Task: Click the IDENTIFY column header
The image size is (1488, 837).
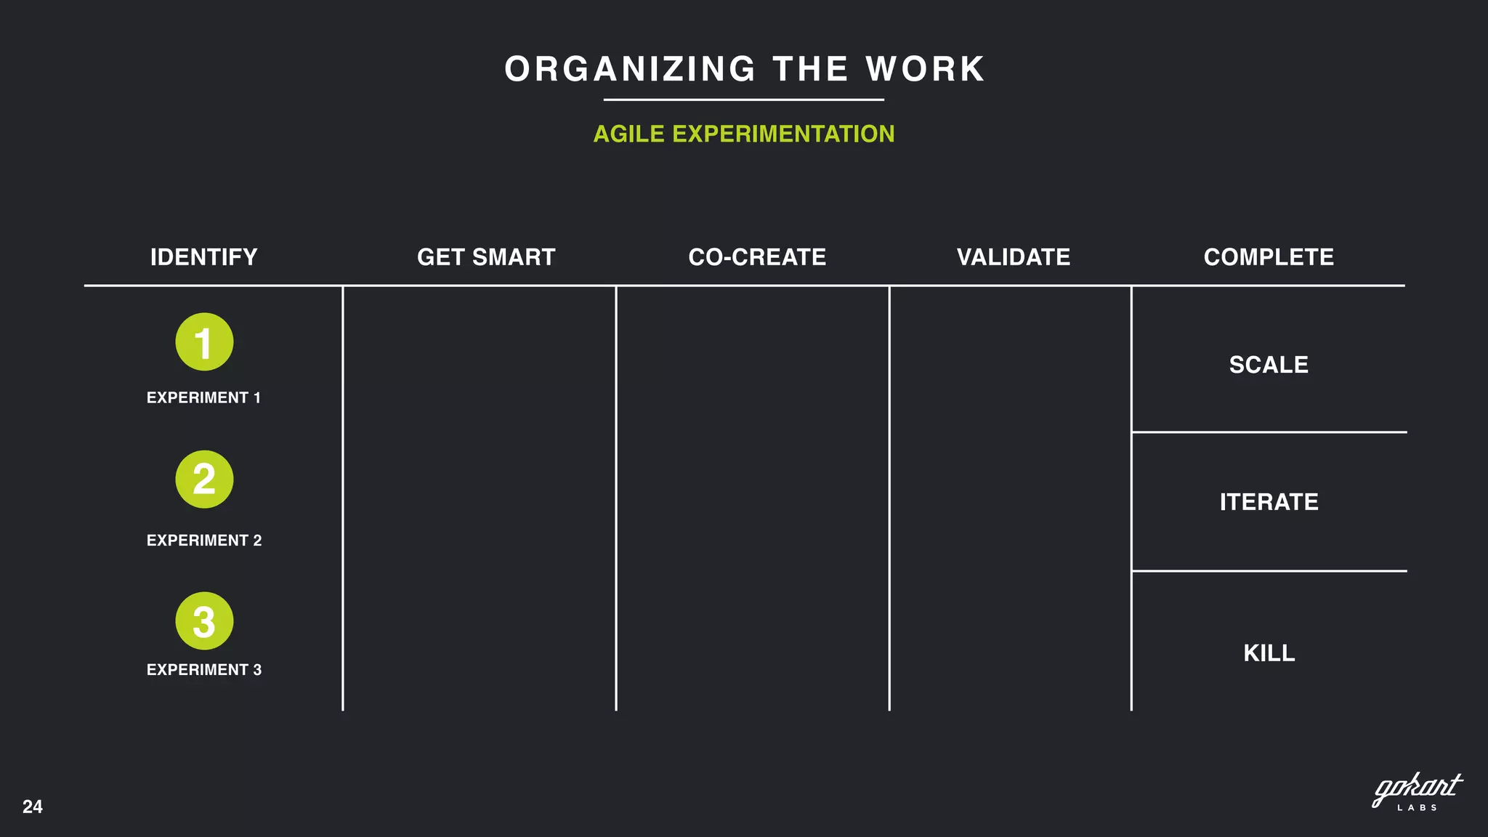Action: click(203, 257)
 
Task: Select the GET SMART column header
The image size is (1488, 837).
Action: click(486, 257)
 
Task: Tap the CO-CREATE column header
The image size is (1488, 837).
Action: click(757, 257)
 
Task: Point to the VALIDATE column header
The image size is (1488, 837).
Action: click(1014, 257)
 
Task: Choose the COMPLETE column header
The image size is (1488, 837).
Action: click(1269, 257)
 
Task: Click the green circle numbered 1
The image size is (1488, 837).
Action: click(204, 342)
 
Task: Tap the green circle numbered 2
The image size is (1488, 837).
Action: click(204, 480)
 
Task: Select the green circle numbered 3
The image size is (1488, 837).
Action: click(204, 621)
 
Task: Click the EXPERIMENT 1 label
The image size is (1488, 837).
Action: click(203, 397)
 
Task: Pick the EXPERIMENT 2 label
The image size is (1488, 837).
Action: click(204, 541)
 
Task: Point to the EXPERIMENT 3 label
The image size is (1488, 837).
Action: click(204, 670)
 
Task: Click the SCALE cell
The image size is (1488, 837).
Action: click(1269, 365)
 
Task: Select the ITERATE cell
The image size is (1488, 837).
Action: click(1269, 502)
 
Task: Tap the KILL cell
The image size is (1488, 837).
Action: click(1269, 653)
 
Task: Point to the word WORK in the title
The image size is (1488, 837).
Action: click(925, 70)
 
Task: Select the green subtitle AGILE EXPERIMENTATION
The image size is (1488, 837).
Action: click(744, 134)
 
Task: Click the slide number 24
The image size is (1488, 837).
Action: click(33, 806)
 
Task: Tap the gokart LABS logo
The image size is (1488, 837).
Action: click(1417, 792)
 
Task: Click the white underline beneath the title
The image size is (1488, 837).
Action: click(744, 100)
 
